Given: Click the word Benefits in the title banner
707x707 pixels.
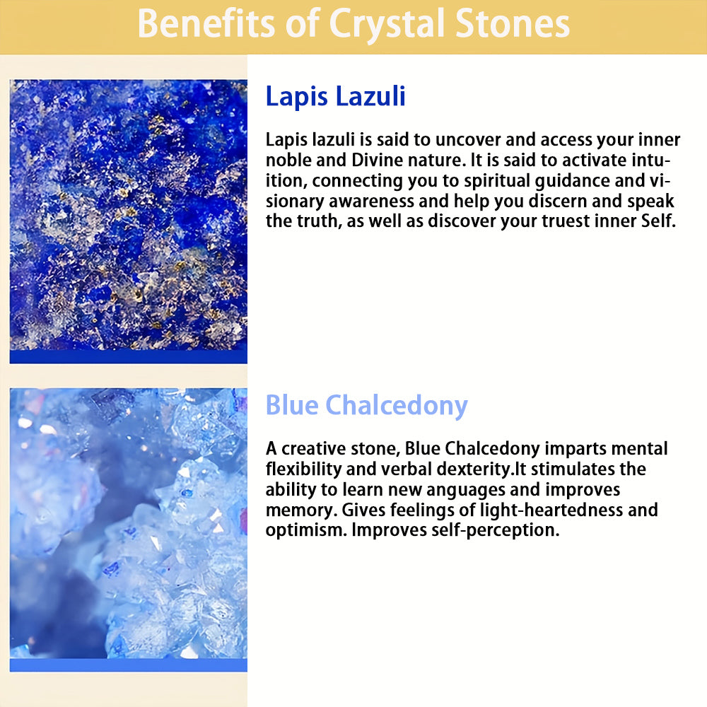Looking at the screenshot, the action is point(206,23).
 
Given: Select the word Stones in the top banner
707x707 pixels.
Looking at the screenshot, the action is point(513,23).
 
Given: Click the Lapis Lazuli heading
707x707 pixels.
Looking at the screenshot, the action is point(335,96).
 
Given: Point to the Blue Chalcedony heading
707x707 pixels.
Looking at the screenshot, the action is point(366,405).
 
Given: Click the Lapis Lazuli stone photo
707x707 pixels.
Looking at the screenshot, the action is point(129,221).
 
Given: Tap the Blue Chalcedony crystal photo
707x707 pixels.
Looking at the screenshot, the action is point(129,530).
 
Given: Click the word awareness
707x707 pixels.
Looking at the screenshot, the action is point(371,201).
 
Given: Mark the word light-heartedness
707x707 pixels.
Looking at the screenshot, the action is point(551,510).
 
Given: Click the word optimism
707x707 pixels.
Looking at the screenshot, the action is point(306,530).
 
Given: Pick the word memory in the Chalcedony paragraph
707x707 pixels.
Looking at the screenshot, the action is point(301,510).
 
